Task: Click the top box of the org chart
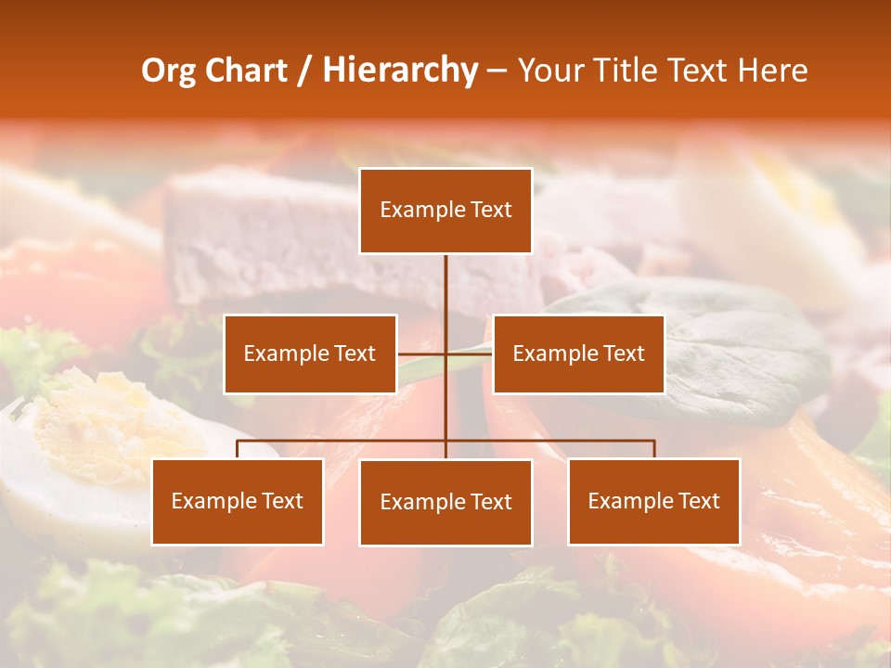point(445,211)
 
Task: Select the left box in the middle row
point(310,353)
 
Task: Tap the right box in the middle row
point(578,353)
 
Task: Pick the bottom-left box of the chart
point(238,501)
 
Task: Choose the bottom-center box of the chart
point(445,502)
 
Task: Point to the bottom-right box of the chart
point(653,501)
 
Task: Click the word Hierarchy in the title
point(400,71)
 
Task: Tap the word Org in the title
point(168,71)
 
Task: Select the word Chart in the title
point(246,71)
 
